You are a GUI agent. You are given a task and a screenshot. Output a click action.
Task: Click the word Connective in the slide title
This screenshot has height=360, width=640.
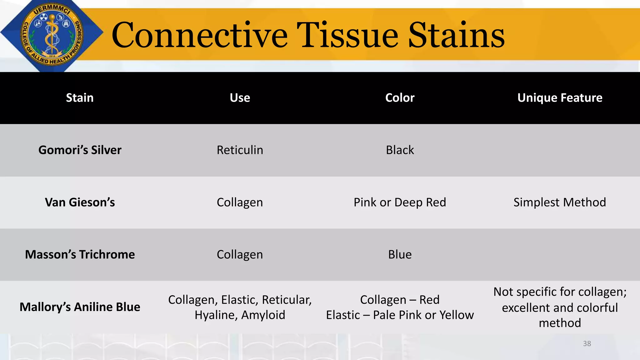(x=199, y=35)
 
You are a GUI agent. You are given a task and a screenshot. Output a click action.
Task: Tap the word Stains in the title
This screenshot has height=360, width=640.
(x=457, y=35)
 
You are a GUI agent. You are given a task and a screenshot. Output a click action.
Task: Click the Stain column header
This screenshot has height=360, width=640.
(x=80, y=98)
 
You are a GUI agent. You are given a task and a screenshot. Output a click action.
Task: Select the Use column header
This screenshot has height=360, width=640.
(x=240, y=98)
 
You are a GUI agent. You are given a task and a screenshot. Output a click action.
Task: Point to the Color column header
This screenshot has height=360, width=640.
(x=400, y=98)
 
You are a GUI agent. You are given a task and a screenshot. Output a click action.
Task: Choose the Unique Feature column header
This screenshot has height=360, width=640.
(x=560, y=98)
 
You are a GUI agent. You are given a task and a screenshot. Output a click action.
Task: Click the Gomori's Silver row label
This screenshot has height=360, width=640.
(x=80, y=150)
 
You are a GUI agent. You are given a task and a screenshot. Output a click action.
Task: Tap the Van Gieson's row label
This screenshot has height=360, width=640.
(x=80, y=202)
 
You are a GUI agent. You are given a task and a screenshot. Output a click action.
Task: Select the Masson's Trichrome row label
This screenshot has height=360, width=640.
(x=80, y=254)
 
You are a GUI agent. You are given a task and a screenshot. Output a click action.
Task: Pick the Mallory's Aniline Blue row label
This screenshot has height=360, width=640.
(x=80, y=307)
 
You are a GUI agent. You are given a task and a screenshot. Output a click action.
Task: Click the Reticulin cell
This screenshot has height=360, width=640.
(x=240, y=150)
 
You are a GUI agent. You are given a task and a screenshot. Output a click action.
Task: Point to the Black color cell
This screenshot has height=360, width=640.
(x=400, y=150)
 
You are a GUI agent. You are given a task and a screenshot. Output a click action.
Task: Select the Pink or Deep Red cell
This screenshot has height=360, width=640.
(x=400, y=202)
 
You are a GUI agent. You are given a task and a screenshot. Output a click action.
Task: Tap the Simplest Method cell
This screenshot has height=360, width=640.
(x=560, y=202)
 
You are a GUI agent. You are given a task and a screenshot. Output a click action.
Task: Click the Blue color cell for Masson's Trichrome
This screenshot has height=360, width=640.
(x=400, y=254)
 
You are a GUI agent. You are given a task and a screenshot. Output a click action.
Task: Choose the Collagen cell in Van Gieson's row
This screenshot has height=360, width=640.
(x=240, y=202)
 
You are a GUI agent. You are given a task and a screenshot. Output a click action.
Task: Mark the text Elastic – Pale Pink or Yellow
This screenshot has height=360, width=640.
(x=400, y=315)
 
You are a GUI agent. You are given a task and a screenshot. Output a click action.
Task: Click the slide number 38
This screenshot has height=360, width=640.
(x=587, y=343)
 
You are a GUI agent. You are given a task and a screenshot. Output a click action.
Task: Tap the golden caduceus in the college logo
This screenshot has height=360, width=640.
(x=52, y=34)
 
